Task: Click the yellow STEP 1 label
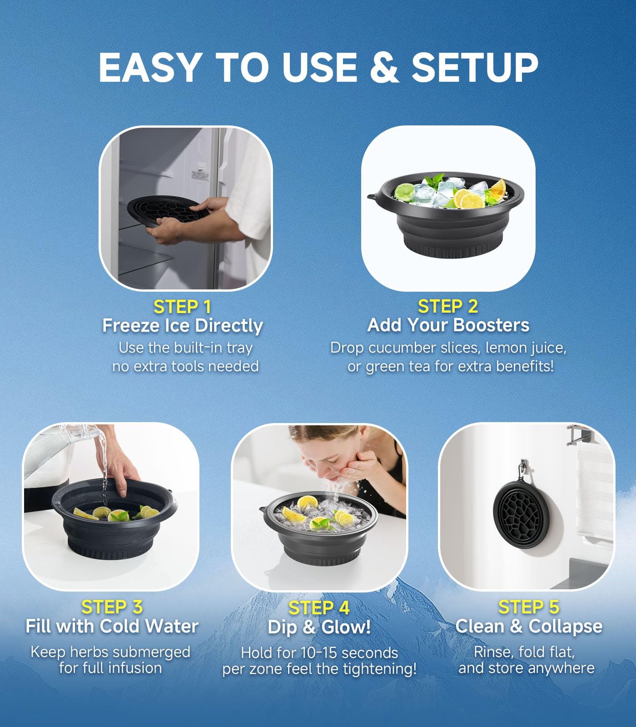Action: click(182, 307)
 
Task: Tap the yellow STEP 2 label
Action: click(447, 307)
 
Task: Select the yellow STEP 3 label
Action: click(112, 607)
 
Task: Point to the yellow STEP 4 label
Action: click(319, 608)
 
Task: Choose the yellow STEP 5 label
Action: click(528, 607)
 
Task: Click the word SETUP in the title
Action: click(474, 67)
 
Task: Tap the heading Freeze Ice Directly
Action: click(182, 326)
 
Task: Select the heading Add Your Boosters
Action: click(448, 325)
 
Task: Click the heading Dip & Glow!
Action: click(319, 627)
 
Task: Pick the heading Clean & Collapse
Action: click(528, 626)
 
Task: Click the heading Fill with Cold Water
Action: click(112, 626)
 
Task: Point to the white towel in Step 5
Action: click(593, 491)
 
